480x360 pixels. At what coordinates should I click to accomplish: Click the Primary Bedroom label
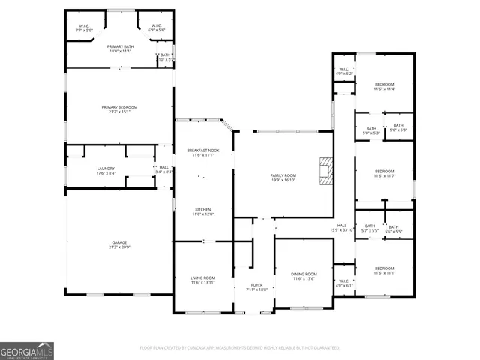(120, 107)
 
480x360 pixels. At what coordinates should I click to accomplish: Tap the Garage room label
(119, 242)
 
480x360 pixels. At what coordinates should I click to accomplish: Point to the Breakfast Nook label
(202, 151)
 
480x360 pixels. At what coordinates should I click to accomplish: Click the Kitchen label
(204, 209)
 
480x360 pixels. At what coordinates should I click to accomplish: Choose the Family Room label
(283, 175)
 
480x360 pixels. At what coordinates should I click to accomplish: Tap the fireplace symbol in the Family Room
(324, 170)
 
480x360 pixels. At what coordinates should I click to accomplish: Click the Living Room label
(202, 278)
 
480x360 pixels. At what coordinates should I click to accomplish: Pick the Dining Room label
(304, 274)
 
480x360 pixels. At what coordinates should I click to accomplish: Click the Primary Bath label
(120, 46)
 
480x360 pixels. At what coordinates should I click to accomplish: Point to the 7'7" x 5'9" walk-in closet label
(85, 30)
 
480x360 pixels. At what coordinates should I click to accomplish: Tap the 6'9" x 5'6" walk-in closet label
(156, 30)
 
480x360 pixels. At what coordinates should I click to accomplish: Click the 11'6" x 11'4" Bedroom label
(385, 84)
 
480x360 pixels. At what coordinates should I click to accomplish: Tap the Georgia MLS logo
(27, 350)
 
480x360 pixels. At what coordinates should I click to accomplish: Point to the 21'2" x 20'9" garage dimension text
(119, 247)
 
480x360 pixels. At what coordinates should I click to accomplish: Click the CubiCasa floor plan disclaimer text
(240, 348)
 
